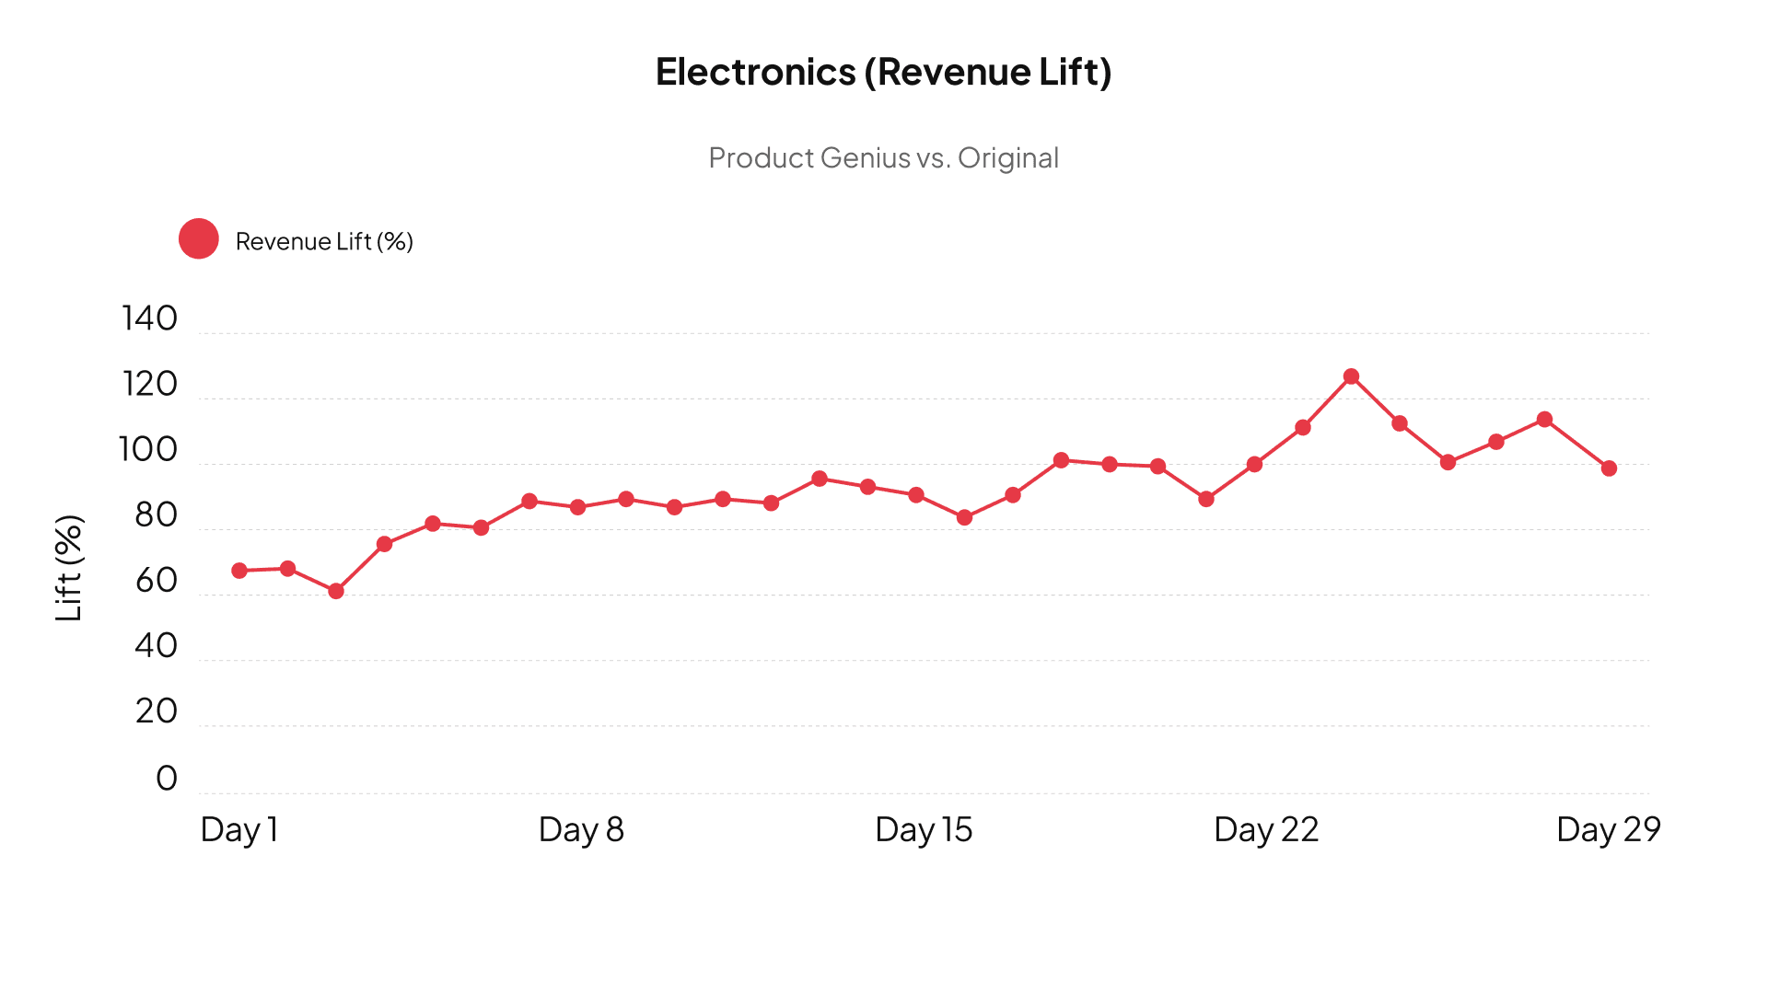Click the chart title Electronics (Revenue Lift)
[883, 72]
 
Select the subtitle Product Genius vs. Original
[883, 157]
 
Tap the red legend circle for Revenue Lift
[199, 239]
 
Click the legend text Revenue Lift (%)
[324, 241]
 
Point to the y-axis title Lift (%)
[69, 567]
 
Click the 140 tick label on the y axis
[149, 318]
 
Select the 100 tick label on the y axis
[147, 449]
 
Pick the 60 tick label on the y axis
[156, 581]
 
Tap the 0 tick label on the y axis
[167, 778]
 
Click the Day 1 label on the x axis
[239, 829]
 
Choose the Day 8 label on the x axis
[581, 829]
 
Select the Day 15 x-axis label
[924, 829]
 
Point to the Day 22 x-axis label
[1266, 829]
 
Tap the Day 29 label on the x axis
[1608, 829]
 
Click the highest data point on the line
[1351, 376]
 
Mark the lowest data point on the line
[336, 591]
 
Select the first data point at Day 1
[239, 571]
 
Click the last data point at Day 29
[1609, 468]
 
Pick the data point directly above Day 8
[577, 507]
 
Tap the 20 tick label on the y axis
[156, 711]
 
